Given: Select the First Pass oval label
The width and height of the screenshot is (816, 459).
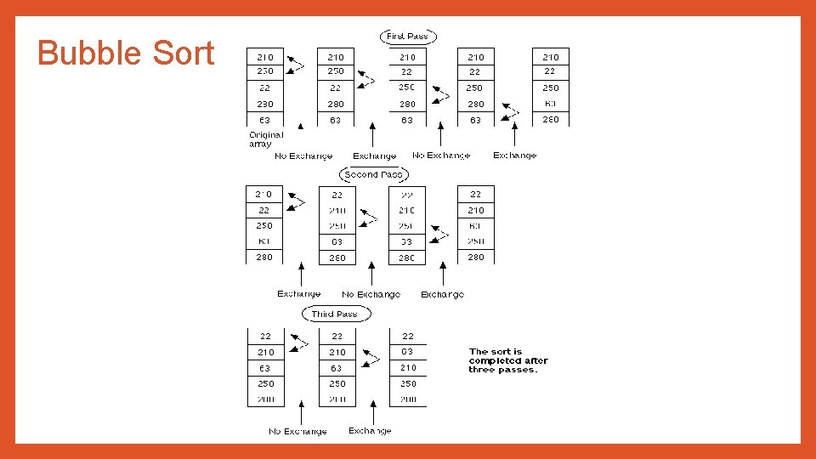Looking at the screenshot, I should tap(407, 37).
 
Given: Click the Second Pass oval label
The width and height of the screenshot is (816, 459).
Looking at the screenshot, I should tap(374, 174).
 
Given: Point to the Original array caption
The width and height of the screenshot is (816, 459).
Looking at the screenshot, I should tap(265, 139).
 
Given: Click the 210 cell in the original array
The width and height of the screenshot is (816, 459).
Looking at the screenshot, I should tap(264, 57).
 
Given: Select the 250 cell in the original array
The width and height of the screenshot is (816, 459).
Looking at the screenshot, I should tap(264, 71).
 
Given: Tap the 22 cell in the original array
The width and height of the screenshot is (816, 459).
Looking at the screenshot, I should tap(264, 88).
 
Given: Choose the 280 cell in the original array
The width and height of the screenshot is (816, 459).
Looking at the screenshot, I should tap(264, 104).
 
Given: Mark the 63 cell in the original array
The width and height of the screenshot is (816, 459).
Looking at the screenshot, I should tap(264, 120).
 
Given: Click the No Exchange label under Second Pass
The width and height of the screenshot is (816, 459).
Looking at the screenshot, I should tap(371, 294).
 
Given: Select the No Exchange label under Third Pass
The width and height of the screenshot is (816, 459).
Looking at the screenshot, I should tap(297, 432).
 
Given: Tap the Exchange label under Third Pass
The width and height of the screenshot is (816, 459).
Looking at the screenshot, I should tap(370, 431).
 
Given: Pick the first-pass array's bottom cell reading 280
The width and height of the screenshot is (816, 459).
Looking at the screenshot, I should tap(551, 120).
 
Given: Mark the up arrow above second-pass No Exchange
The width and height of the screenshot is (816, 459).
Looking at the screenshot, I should tap(371, 276).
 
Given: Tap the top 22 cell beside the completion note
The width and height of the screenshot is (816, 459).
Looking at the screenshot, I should tap(408, 337).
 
